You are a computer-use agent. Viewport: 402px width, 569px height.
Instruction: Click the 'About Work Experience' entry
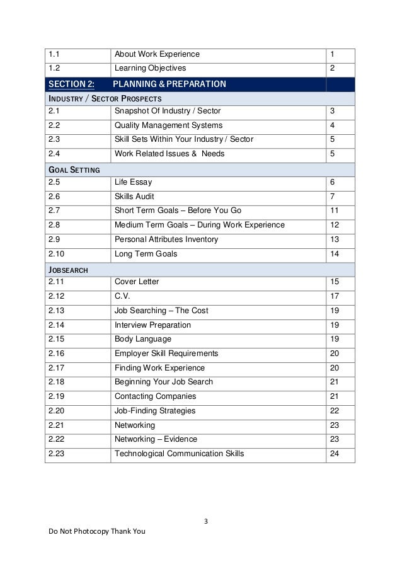pyautogui.click(x=157, y=53)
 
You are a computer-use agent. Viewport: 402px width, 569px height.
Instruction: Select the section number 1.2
pyautogui.click(x=55, y=68)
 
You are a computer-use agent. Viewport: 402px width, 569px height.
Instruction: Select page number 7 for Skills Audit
pyautogui.click(x=332, y=197)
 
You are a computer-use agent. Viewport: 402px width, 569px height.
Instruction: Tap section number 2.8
pyautogui.click(x=55, y=225)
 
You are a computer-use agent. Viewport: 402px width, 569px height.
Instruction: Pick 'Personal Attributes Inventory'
pyautogui.click(x=166, y=239)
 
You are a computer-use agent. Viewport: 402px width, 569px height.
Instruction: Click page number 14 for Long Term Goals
pyautogui.click(x=334, y=254)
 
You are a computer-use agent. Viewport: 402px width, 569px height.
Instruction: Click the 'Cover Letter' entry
pyautogui.click(x=137, y=282)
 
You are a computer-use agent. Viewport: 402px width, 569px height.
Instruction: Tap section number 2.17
pyautogui.click(x=57, y=368)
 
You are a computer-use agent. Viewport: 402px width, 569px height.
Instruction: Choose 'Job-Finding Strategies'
pyautogui.click(x=155, y=411)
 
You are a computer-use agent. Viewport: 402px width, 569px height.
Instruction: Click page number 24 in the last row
pyautogui.click(x=334, y=454)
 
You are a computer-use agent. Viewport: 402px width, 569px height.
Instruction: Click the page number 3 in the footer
pyautogui.click(x=206, y=520)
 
